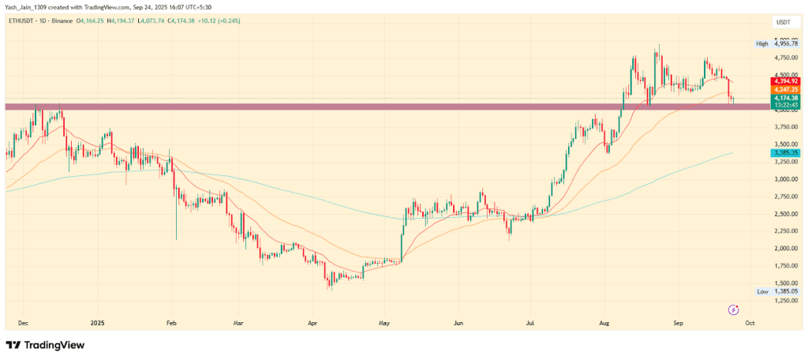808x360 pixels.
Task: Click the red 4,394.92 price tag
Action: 787,81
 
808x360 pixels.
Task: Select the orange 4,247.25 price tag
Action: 787,90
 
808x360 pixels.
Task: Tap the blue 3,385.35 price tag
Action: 787,152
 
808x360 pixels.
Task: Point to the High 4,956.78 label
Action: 778,44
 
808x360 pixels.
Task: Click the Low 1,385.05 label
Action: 778,292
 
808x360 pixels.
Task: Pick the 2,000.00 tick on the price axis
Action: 784,249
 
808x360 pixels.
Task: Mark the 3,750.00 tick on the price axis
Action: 784,127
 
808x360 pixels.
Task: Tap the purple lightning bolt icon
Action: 734,310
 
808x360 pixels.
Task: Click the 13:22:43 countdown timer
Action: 787,105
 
